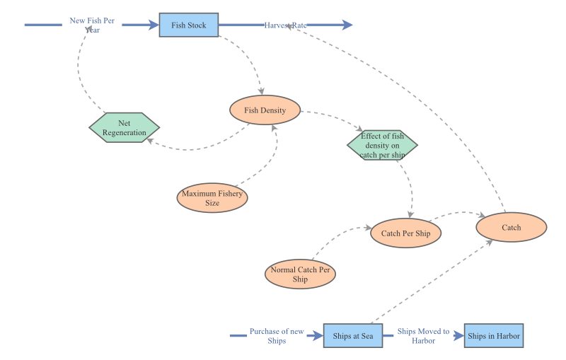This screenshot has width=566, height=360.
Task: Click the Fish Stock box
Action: tap(189, 25)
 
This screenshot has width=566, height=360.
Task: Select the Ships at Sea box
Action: tap(353, 335)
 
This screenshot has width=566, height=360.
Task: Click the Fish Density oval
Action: tap(265, 110)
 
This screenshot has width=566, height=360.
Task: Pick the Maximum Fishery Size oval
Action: tap(212, 198)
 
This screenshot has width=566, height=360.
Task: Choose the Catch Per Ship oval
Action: tap(406, 233)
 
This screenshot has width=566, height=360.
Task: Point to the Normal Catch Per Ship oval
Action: tap(300, 274)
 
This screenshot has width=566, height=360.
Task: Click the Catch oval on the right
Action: tap(512, 228)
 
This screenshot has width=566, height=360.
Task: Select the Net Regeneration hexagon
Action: tap(125, 128)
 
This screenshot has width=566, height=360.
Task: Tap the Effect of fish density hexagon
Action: tap(382, 145)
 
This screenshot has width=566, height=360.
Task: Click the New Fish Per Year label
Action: tap(92, 25)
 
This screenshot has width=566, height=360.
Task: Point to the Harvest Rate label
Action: tap(286, 25)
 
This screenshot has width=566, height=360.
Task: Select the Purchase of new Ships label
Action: tap(277, 336)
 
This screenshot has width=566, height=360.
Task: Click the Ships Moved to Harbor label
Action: tap(423, 336)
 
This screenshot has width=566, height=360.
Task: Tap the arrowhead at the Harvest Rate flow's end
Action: tap(347, 25)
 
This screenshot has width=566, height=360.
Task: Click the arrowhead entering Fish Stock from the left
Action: tap(154, 25)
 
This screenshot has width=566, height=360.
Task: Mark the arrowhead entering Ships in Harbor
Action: tap(459, 336)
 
